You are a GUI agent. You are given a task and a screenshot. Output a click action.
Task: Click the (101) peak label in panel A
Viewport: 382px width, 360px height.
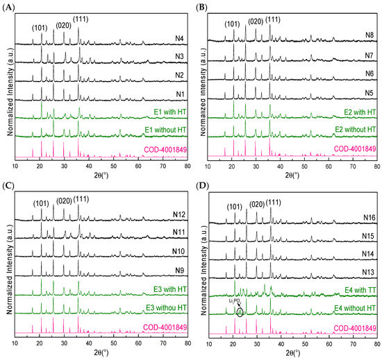coord(41,28)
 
